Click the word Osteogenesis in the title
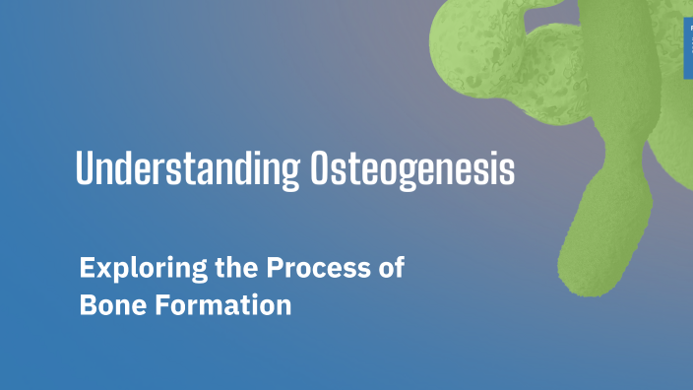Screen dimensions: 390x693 412,169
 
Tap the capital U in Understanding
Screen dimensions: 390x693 85,169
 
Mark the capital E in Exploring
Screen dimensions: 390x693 87,268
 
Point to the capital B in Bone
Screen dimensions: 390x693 87,305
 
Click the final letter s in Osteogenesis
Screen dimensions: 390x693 507,171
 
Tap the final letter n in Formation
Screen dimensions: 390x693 283,306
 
